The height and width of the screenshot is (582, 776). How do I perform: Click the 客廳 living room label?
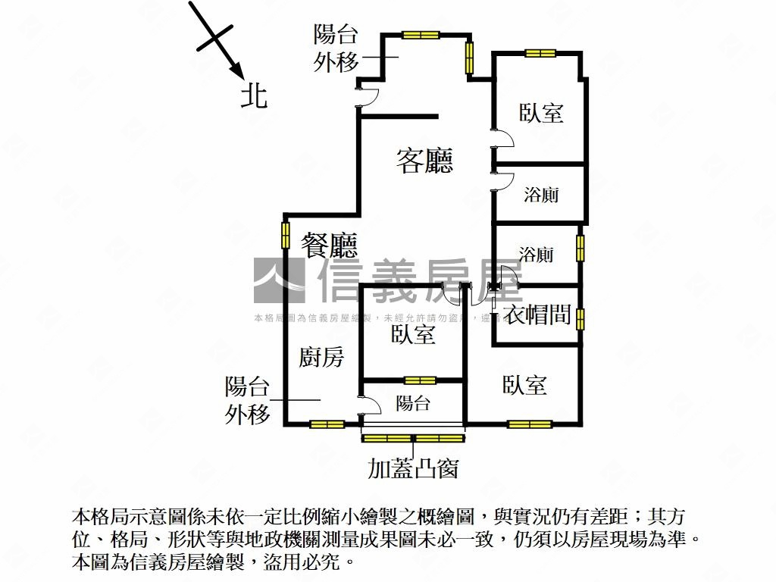(425, 160)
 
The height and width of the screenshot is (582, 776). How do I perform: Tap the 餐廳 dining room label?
(329, 244)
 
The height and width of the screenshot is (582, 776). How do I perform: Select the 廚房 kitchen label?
(321, 356)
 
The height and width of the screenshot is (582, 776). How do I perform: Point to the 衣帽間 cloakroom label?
(537, 314)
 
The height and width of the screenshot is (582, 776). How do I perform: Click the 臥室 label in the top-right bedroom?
(541, 113)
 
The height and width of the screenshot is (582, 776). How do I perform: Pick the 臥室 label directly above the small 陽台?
(413, 334)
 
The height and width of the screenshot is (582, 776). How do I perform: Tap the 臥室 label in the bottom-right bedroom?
(524, 385)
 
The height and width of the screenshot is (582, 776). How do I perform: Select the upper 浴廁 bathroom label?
(541, 195)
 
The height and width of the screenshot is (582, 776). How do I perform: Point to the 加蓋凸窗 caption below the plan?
(413, 469)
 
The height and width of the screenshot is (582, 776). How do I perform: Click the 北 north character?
(254, 96)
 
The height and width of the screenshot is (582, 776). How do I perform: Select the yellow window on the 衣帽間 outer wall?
(580, 318)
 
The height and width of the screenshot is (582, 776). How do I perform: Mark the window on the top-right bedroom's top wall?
(540, 53)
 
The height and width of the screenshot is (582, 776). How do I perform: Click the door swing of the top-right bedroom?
(503, 139)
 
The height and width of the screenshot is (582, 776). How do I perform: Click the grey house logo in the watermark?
(278, 280)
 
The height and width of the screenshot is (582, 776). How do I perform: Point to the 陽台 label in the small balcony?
(413, 403)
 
